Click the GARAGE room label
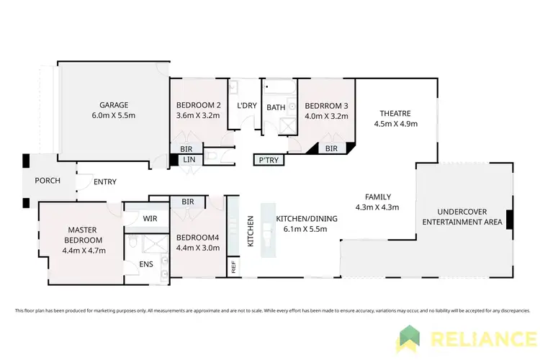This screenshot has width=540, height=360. coord(114,104)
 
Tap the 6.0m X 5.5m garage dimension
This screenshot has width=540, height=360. coord(114,115)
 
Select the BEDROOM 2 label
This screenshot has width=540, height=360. coord(197,104)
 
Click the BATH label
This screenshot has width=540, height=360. coord(276,108)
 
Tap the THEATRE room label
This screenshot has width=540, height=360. coord(396,113)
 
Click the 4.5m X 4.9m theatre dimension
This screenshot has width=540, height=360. coord(396,124)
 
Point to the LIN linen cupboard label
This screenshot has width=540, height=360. coord(189,159)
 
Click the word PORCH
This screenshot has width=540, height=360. coord(48,181)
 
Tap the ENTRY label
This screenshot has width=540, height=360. coord(105,182)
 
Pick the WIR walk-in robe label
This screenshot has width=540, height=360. coord(150,217)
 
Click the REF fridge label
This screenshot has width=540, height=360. coord(234,268)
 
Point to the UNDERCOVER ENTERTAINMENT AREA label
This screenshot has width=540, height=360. coord(461,217)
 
